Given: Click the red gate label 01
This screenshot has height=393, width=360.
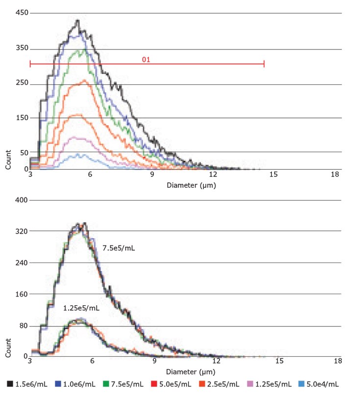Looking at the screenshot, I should (x=145, y=59).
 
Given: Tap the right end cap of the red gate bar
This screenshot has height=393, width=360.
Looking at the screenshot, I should (x=264, y=63).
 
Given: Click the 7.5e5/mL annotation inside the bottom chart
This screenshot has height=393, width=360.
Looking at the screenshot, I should (x=119, y=248).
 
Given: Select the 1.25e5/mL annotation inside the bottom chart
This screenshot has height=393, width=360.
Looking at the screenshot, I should (x=81, y=308).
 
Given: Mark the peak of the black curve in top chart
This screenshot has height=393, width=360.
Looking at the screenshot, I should (x=77, y=21).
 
